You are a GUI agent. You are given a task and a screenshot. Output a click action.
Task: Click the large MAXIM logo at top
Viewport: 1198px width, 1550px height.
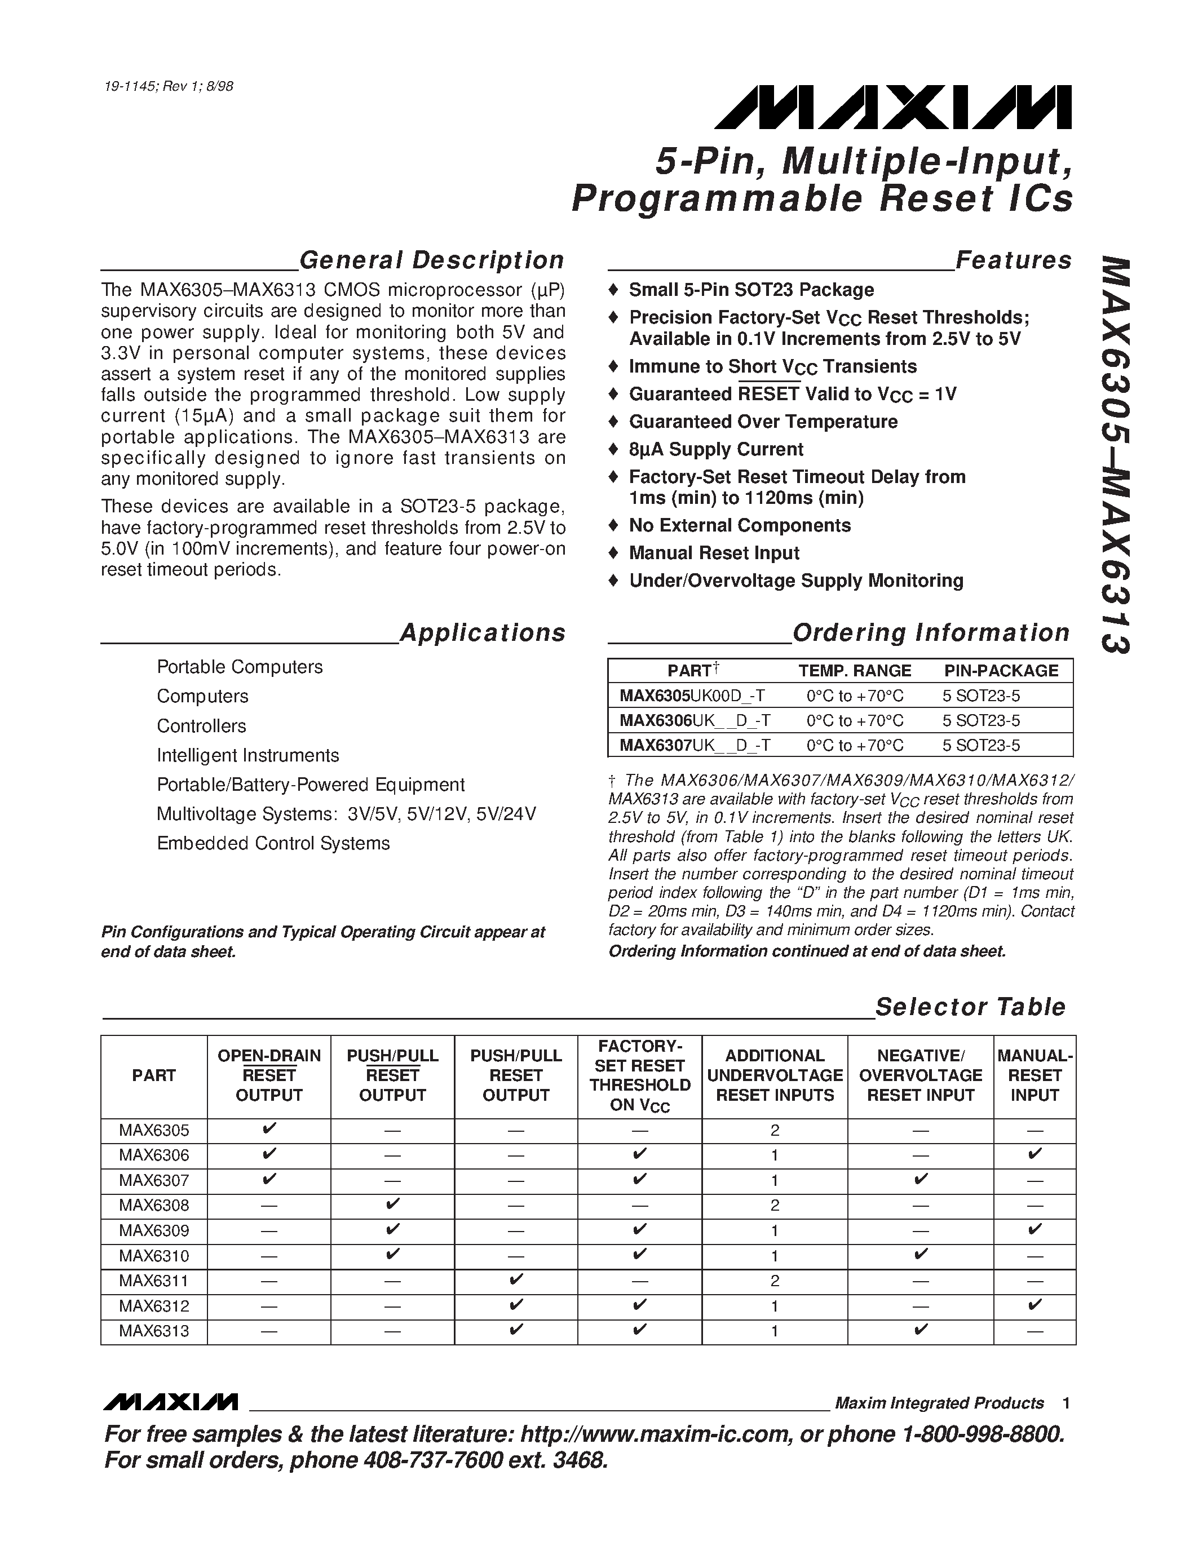pos(892,108)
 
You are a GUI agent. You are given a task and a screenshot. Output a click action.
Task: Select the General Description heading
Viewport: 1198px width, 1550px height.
pos(431,260)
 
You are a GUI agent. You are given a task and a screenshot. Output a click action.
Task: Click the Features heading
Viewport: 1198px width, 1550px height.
pos(1014,260)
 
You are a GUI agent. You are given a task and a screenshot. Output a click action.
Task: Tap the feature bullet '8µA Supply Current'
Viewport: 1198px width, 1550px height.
pos(715,449)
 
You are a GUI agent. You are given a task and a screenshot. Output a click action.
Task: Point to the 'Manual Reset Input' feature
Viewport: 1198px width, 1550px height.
pos(713,553)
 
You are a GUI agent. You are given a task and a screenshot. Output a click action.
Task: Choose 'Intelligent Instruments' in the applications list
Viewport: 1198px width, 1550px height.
pos(247,755)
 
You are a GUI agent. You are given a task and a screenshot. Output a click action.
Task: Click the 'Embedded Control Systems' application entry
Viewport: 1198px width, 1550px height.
pos(273,843)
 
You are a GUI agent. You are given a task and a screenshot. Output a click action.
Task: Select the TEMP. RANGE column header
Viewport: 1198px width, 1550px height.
pos(855,671)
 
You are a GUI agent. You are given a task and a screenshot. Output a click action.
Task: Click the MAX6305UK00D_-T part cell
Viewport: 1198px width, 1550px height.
pos(692,696)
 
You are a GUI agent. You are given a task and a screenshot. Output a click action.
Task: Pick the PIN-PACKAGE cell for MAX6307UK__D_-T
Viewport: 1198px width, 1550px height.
pos(981,745)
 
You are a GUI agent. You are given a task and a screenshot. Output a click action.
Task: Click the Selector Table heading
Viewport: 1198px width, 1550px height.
pos(970,1007)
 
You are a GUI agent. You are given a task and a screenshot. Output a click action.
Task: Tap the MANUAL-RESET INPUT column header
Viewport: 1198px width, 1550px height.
pos(1034,1075)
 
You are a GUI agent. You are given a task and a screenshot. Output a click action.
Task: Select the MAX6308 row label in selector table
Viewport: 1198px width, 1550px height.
pos(154,1205)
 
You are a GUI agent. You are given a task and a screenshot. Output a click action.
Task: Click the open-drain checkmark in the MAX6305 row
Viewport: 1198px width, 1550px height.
pos(269,1129)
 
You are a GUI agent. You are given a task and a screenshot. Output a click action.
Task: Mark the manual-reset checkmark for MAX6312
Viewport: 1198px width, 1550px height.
pos(1034,1305)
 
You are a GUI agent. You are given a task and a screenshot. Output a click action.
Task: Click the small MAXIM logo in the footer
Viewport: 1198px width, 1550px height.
pos(170,1402)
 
